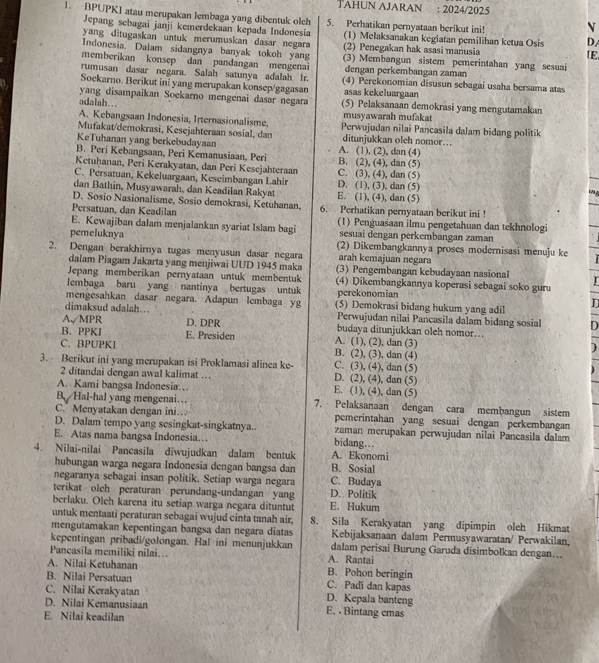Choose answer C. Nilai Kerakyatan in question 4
92,591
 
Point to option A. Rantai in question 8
352,560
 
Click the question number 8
315,524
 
